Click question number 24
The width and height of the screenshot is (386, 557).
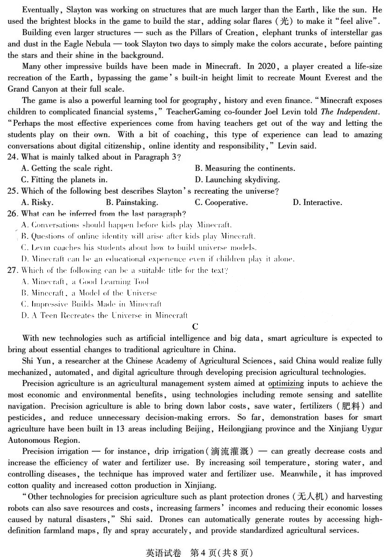(x=13, y=157)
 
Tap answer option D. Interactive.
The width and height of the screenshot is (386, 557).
(x=317, y=203)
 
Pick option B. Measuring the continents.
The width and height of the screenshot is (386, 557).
(x=245, y=169)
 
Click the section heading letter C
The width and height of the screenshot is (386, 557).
(x=195, y=327)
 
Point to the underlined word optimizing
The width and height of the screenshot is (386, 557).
(x=286, y=384)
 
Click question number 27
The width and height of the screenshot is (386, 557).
(x=13, y=271)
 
